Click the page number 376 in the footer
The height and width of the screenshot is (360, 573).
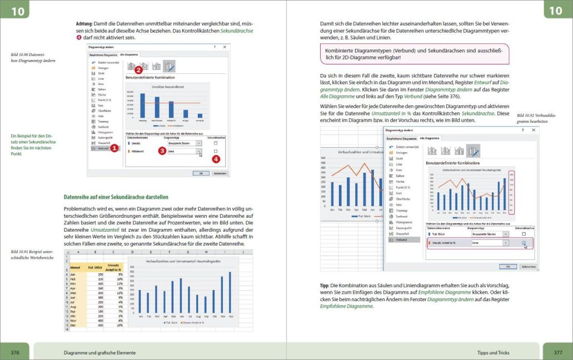click(x=15, y=352)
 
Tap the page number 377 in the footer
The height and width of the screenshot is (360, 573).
click(x=557, y=352)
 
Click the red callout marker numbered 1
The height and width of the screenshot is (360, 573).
click(x=114, y=148)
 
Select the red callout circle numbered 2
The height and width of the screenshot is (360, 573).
click(x=138, y=70)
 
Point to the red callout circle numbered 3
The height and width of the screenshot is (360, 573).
click(x=162, y=151)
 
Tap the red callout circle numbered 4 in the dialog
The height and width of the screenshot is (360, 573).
click(x=216, y=159)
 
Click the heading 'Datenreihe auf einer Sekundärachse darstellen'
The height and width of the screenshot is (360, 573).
click(x=116, y=197)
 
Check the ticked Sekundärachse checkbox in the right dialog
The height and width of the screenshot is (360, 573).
click(x=524, y=243)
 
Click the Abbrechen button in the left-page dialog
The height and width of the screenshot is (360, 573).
click(x=220, y=173)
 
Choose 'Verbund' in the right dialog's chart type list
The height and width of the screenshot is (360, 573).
click(x=400, y=240)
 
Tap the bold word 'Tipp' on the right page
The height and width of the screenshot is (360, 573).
click(x=325, y=285)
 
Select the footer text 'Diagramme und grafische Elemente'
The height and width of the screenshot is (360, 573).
click(x=100, y=353)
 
